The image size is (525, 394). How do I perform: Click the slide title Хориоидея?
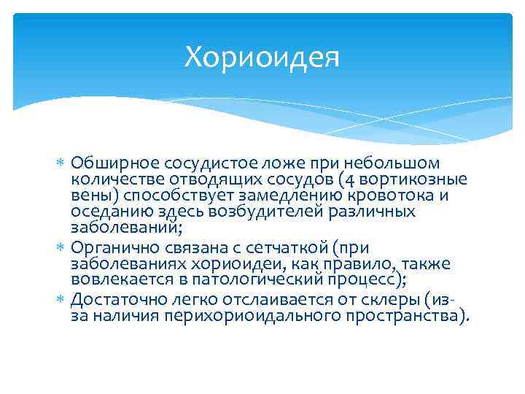pyautogui.click(x=262, y=57)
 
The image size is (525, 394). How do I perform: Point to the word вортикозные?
pyautogui.click(x=413, y=179)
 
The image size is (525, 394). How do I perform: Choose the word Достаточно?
pyautogui.click(x=112, y=300)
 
